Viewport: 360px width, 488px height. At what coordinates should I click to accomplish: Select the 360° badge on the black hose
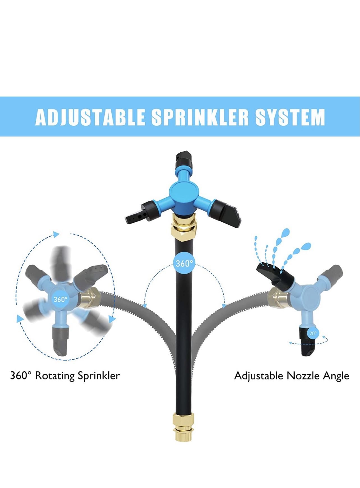point(184,264)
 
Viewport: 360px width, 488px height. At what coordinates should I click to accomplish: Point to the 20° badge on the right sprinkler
point(313,334)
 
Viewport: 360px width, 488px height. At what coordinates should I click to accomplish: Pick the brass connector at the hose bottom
point(184,427)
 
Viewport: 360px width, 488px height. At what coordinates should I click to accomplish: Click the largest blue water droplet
point(285,233)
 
